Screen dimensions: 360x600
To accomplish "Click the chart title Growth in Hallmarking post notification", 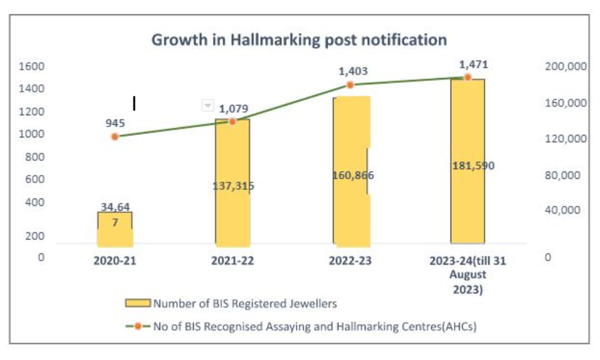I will point(299,40).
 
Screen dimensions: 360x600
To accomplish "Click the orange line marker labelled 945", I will point(115,137).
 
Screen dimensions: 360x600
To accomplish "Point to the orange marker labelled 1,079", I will point(233,121).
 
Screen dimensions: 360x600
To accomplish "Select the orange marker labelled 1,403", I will point(350,85).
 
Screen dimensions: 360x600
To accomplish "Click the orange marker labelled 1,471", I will point(467,77).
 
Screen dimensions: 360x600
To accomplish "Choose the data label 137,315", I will point(233,186).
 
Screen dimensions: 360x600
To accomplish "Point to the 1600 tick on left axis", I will point(32,67).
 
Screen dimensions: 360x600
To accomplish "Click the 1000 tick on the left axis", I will point(32,134).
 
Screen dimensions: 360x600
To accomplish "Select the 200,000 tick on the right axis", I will point(565,67).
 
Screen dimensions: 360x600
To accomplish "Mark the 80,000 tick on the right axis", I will point(565,176).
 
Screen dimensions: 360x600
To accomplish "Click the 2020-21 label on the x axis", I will point(115,262).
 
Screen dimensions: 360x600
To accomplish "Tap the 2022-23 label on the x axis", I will point(351,262).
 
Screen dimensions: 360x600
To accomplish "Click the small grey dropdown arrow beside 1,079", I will point(207,106).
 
